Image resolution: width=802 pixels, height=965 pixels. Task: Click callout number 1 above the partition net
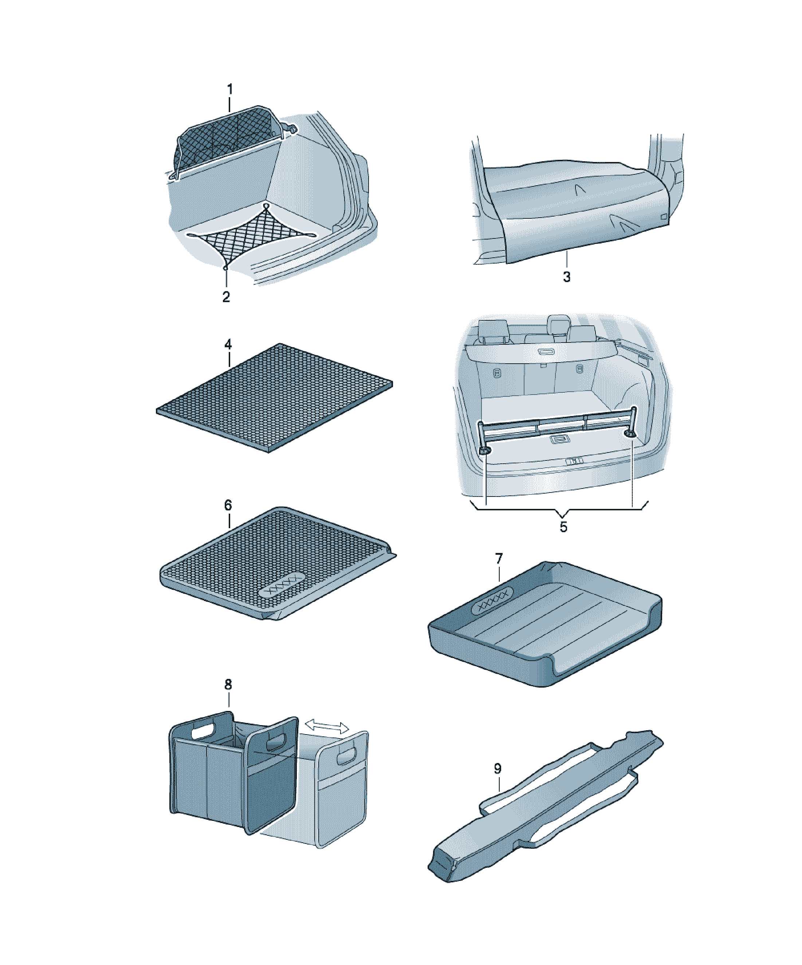coord(230,89)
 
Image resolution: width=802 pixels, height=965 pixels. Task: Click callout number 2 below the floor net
coord(226,297)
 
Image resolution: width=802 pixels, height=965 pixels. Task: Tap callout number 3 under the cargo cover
coord(567,277)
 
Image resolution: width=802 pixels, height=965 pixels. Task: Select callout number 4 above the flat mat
coord(228,344)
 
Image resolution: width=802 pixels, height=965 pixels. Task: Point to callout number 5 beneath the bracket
coord(564,527)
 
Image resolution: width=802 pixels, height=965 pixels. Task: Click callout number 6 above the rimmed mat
coord(228,506)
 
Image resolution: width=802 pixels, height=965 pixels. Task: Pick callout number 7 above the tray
coord(499,559)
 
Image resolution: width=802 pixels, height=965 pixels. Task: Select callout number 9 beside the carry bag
coord(498,768)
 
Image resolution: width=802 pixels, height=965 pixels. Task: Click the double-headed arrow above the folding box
coord(327,727)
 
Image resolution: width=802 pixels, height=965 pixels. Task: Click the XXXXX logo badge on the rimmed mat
coord(282,585)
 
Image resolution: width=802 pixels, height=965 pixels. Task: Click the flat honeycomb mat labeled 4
coord(275,398)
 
